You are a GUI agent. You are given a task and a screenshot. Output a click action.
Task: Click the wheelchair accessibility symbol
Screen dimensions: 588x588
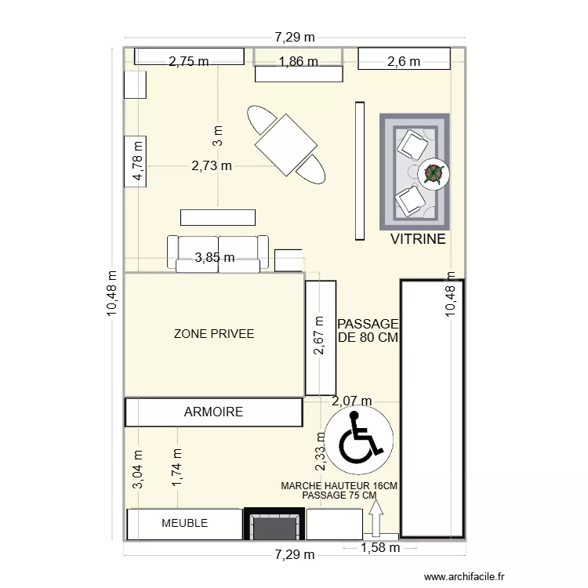[x=362, y=441]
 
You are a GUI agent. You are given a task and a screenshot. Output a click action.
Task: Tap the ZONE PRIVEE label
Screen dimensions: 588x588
[x=214, y=334]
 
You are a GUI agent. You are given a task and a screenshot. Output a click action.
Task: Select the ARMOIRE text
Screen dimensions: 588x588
[x=213, y=412]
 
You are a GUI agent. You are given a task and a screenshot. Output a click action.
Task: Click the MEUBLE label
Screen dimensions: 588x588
[x=184, y=523]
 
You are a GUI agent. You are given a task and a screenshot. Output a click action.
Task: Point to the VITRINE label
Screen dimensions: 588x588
[x=418, y=239]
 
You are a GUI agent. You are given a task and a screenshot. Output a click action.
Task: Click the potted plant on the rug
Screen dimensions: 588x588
[x=433, y=173]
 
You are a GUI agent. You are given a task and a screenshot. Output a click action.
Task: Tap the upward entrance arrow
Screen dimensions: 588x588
[x=376, y=518]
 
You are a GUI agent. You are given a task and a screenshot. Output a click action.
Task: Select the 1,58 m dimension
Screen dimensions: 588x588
[x=380, y=547]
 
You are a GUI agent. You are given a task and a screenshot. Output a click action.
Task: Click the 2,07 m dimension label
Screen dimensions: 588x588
[x=352, y=401]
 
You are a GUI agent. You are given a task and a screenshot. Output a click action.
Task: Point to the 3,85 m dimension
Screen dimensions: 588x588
[x=215, y=257]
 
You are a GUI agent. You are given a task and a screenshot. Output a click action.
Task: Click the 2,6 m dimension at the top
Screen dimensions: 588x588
[x=405, y=61]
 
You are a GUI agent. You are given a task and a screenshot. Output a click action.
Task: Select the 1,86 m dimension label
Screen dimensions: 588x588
[x=299, y=61]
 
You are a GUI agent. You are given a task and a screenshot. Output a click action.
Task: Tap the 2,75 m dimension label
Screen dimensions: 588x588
[x=189, y=61]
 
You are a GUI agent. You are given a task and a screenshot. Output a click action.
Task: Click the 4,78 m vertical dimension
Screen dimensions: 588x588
[x=138, y=162]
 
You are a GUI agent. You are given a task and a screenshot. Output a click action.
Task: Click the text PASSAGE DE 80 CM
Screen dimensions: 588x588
[x=368, y=331]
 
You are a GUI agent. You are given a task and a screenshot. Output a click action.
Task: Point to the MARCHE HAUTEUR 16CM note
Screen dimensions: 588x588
[x=339, y=486]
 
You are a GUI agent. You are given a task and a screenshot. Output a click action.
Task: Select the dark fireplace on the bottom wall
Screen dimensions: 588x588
[x=273, y=524]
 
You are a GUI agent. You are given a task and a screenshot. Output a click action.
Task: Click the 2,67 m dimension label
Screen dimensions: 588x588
[x=318, y=336]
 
